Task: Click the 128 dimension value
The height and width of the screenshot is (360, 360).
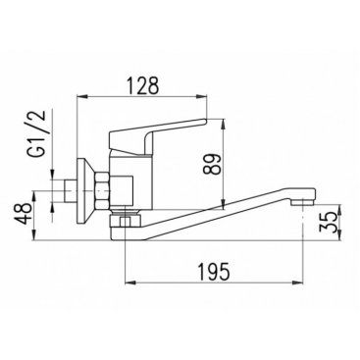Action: click(143, 85)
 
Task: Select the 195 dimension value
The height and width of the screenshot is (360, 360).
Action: click(214, 272)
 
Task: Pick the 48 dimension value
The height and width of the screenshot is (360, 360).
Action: click(25, 213)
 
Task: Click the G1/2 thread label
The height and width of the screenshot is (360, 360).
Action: click(41, 134)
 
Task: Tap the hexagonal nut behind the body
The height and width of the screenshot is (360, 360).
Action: click(101, 191)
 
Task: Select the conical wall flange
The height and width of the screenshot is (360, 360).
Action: click(85, 191)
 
